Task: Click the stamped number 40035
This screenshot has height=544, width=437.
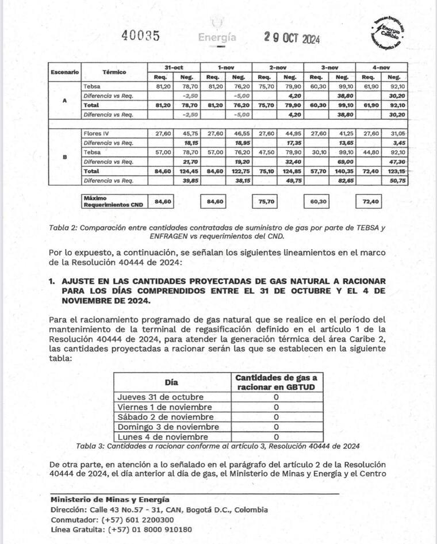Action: (x=140, y=36)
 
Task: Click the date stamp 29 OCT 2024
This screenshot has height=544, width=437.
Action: (x=292, y=37)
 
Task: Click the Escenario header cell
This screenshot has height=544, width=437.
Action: (x=64, y=72)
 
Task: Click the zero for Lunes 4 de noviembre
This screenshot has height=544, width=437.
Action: (x=276, y=436)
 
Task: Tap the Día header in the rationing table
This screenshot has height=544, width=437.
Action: (x=171, y=382)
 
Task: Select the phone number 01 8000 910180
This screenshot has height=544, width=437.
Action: (x=151, y=530)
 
